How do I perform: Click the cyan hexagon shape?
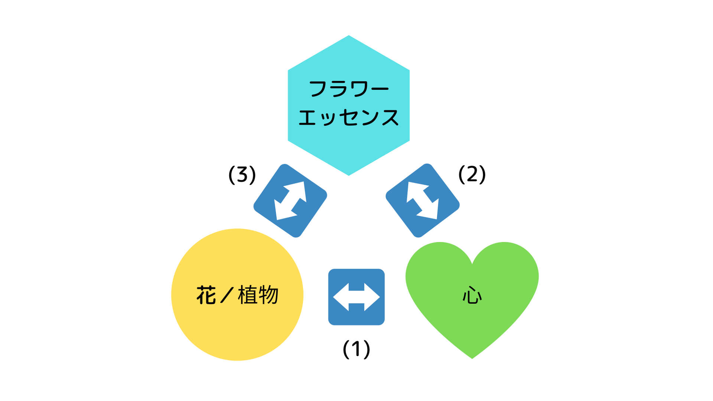coord(349,105)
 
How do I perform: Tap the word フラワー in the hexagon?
coord(349,89)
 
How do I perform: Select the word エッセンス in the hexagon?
coord(349,117)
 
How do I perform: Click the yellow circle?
coord(237,294)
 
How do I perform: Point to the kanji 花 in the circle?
coord(206,295)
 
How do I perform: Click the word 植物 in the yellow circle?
coord(258,295)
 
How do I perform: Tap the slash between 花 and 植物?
coord(227,295)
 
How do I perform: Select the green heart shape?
coord(472,297)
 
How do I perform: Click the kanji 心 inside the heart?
coord(472,296)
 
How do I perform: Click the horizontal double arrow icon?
coord(356,297)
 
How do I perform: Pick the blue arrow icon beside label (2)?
coord(423,200)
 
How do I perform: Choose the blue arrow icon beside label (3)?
coord(290,200)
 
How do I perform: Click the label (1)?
coord(356,349)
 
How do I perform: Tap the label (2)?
coord(472,174)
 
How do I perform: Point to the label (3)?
coord(242,175)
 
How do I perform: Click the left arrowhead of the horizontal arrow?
coord(341,297)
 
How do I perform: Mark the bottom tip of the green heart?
coord(472,359)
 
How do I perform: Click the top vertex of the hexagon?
coord(349,36)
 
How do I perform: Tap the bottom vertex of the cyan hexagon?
coord(349,175)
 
